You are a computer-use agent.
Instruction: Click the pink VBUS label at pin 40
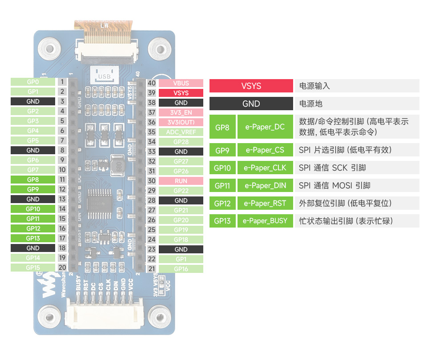pos(181,83)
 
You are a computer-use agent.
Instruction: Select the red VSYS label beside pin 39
pos(181,93)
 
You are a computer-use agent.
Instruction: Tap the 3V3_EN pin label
pos(181,112)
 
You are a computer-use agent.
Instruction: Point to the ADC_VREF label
pos(181,132)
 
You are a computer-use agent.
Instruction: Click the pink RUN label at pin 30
pos(181,181)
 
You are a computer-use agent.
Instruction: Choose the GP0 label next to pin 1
pos(33,82)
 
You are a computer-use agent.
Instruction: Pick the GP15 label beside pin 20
pos(33,268)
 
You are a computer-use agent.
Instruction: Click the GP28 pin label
pos(181,142)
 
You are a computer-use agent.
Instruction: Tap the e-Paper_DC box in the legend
pos(265,127)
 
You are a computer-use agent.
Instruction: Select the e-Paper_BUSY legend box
pos(265,220)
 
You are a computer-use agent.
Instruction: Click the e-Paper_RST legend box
pos(265,203)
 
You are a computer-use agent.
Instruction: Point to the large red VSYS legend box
pos(251,86)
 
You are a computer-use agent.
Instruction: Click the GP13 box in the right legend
pos(222,220)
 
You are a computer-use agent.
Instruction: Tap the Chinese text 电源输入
pos(314,86)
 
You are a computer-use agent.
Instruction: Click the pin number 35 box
pos(152,132)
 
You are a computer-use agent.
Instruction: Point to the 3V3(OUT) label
pos(181,122)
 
